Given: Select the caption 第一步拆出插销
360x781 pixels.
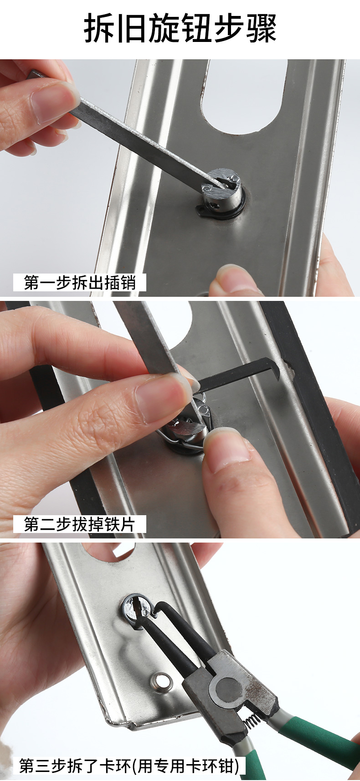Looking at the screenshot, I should coord(80,283).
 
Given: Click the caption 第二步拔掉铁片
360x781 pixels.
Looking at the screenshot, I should coord(79,524).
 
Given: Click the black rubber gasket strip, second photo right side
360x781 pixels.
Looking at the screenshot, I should coord(319,410).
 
